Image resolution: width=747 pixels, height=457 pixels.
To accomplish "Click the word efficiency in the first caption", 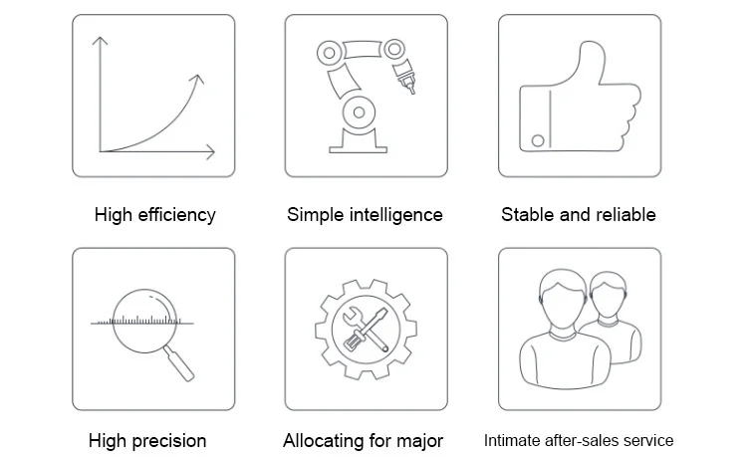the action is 176,215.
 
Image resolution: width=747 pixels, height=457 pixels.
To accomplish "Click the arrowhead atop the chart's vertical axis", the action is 100,41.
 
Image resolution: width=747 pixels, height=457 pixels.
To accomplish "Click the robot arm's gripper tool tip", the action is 409,87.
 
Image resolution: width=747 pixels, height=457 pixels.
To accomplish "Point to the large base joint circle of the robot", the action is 359,113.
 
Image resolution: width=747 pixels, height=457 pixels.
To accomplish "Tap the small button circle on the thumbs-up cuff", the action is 538,140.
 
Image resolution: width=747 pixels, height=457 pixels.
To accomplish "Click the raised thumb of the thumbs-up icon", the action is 591,61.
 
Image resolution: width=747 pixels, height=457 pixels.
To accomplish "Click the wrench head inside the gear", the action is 352,315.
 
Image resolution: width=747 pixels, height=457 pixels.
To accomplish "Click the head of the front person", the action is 563,299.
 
